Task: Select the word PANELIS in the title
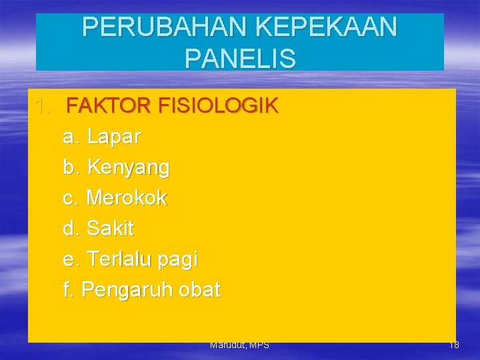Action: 240,59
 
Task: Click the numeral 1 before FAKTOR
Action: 42,107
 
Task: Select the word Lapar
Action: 114,137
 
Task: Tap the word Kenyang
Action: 128,168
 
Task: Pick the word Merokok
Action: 127,198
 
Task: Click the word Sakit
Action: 110,229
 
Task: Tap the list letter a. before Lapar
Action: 71,137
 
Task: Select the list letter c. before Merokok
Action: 71,199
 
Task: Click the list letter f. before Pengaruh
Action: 69,290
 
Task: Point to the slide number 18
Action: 454,345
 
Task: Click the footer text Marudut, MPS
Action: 239,345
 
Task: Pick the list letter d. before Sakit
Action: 71,229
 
